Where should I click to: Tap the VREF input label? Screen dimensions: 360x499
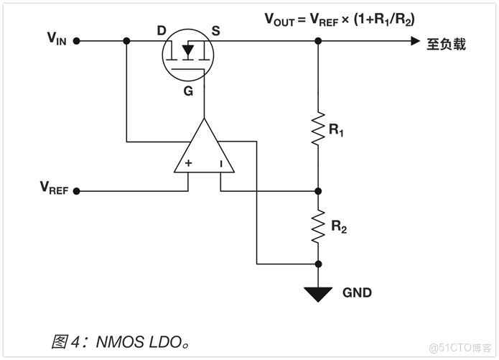(54, 189)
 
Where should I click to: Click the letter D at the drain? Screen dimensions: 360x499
(162, 30)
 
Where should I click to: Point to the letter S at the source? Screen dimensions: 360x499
(215, 30)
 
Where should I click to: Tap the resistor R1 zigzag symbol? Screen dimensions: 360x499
(318, 129)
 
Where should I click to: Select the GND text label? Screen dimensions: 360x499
(357, 293)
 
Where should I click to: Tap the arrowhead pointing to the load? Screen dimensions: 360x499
(415, 42)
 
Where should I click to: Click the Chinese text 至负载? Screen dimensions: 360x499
(446, 44)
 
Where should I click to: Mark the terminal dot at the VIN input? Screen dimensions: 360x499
(78, 41)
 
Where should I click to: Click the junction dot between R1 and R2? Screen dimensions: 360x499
(318, 191)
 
